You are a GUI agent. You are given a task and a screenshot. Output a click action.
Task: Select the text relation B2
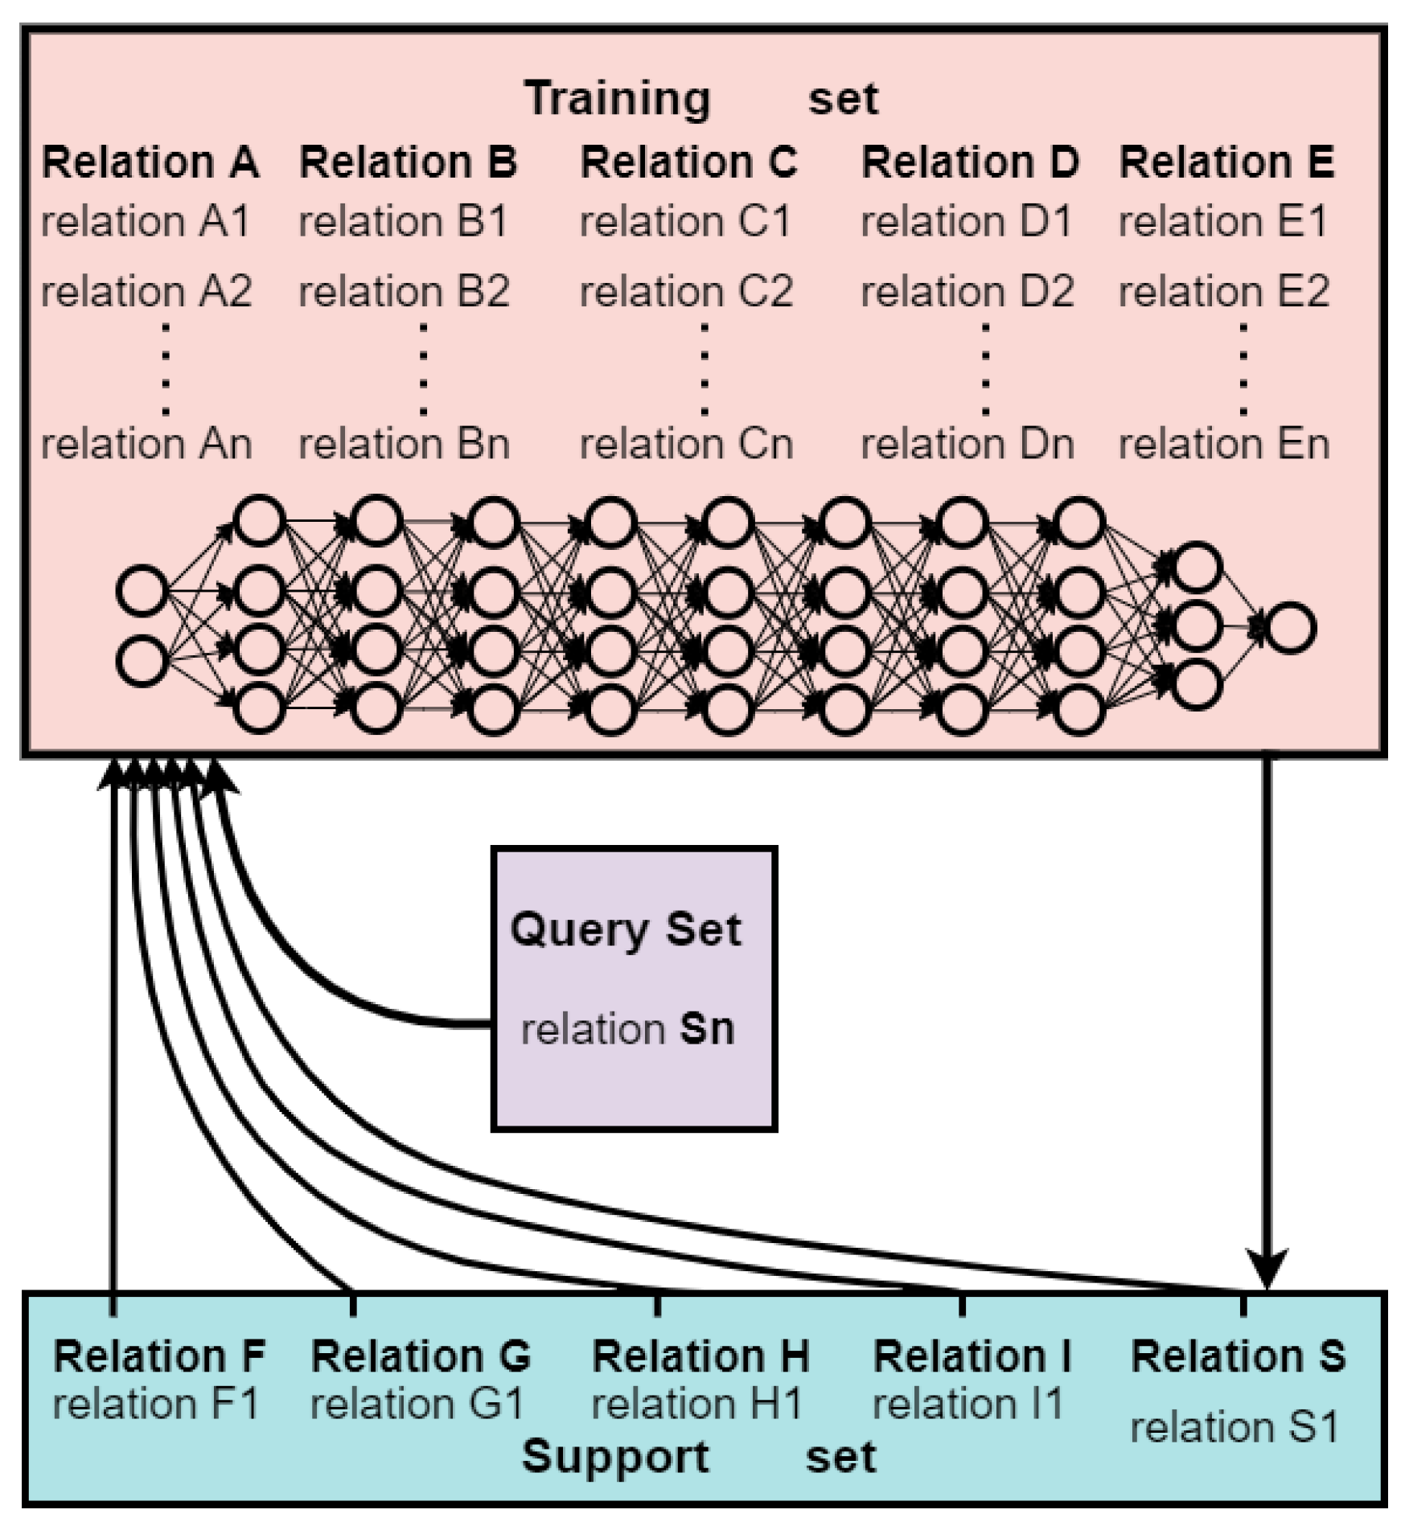point(404,290)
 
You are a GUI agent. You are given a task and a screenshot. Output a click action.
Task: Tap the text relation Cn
point(686,443)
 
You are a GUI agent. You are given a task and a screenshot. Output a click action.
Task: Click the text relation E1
point(1222,221)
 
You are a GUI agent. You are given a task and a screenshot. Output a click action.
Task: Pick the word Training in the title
point(618,99)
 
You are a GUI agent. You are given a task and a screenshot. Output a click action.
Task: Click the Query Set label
point(626,929)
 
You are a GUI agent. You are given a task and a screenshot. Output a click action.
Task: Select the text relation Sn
point(627,1028)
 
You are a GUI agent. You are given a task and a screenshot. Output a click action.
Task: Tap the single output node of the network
point(1290,628)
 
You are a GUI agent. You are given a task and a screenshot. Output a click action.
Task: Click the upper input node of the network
point(142,590)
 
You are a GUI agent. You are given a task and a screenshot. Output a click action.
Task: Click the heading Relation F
point(158,1356)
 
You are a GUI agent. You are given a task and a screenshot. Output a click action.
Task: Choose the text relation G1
point(417,1405)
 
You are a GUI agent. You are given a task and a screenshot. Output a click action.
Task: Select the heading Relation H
point(700,1356)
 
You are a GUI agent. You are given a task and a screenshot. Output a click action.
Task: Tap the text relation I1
point(967,1405)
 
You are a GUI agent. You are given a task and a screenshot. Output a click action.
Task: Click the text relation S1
point(1234,1428)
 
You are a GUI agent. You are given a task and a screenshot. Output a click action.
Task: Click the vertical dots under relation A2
point(166,368)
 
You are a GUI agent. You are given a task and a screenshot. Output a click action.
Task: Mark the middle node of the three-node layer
point(1195,626)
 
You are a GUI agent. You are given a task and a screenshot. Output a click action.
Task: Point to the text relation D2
point(967,290)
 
